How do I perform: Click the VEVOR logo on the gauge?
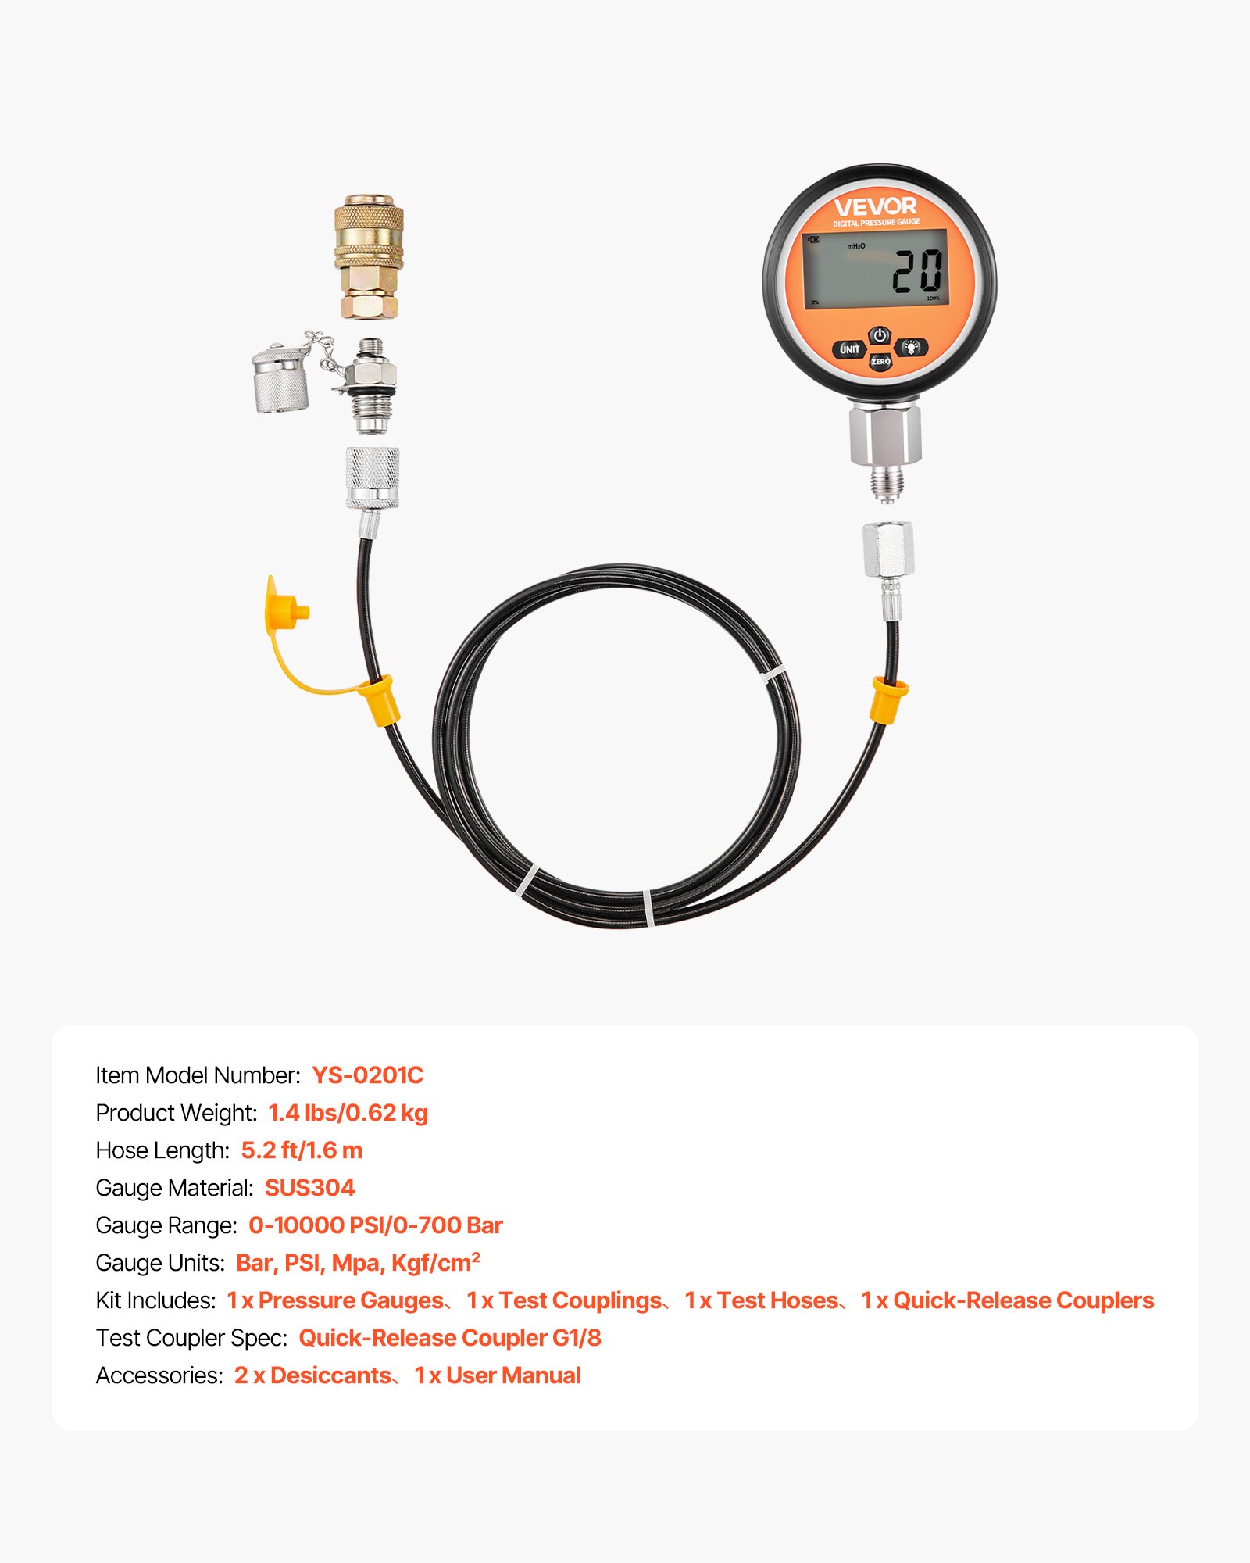coord(875,207)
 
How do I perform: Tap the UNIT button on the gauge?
coord(849,349)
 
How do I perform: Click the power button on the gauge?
coord(880,336)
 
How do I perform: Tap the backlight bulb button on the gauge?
coord(911,347)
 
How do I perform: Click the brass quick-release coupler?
coord(369,256)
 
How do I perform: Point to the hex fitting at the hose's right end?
coord(887,550)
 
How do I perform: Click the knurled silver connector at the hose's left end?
coord(373,477)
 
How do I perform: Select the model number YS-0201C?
coord(367,1075)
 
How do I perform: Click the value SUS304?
coord(309,1188)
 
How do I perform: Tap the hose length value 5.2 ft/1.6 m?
coord(302,1150)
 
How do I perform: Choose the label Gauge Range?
coord(166,1225)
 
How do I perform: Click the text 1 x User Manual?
coord(498,1375)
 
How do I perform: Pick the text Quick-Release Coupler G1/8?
coord(450,1338)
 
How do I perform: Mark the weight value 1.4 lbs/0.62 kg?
coord(348,1113)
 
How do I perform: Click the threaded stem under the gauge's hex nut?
coord(887,481)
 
